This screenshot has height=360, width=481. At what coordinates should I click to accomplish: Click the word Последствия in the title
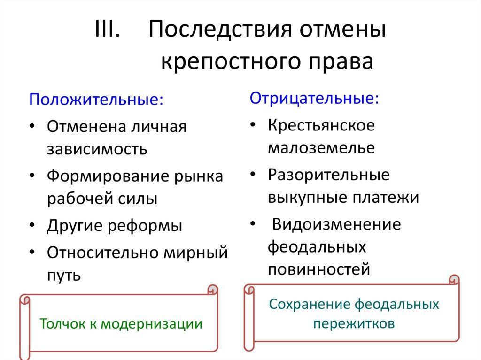tap(220, 29)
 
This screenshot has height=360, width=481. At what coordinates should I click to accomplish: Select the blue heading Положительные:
tap(96, 100)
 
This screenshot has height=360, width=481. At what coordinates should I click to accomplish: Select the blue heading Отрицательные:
tap(314, 98)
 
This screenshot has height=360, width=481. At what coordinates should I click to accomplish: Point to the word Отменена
tap(86, 126)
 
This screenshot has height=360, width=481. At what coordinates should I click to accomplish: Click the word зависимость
tap(97, 149)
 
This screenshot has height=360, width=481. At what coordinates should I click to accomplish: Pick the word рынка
tap(199, 176)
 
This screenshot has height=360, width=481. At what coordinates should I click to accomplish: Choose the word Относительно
tap(103, 253)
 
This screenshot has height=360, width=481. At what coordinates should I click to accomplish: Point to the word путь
tap(64, 276)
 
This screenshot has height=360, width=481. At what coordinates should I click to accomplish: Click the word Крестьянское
tap(321, 125)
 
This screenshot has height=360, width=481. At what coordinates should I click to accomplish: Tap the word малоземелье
tap(321, 148)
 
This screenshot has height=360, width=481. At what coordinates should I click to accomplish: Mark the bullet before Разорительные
tap(253, 174)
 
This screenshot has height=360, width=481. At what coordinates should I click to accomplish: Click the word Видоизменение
tap(336, 224)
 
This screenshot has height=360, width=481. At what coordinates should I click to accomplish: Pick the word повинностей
tap(319, 269)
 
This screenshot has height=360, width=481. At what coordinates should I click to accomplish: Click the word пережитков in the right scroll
tap(354, 323)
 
